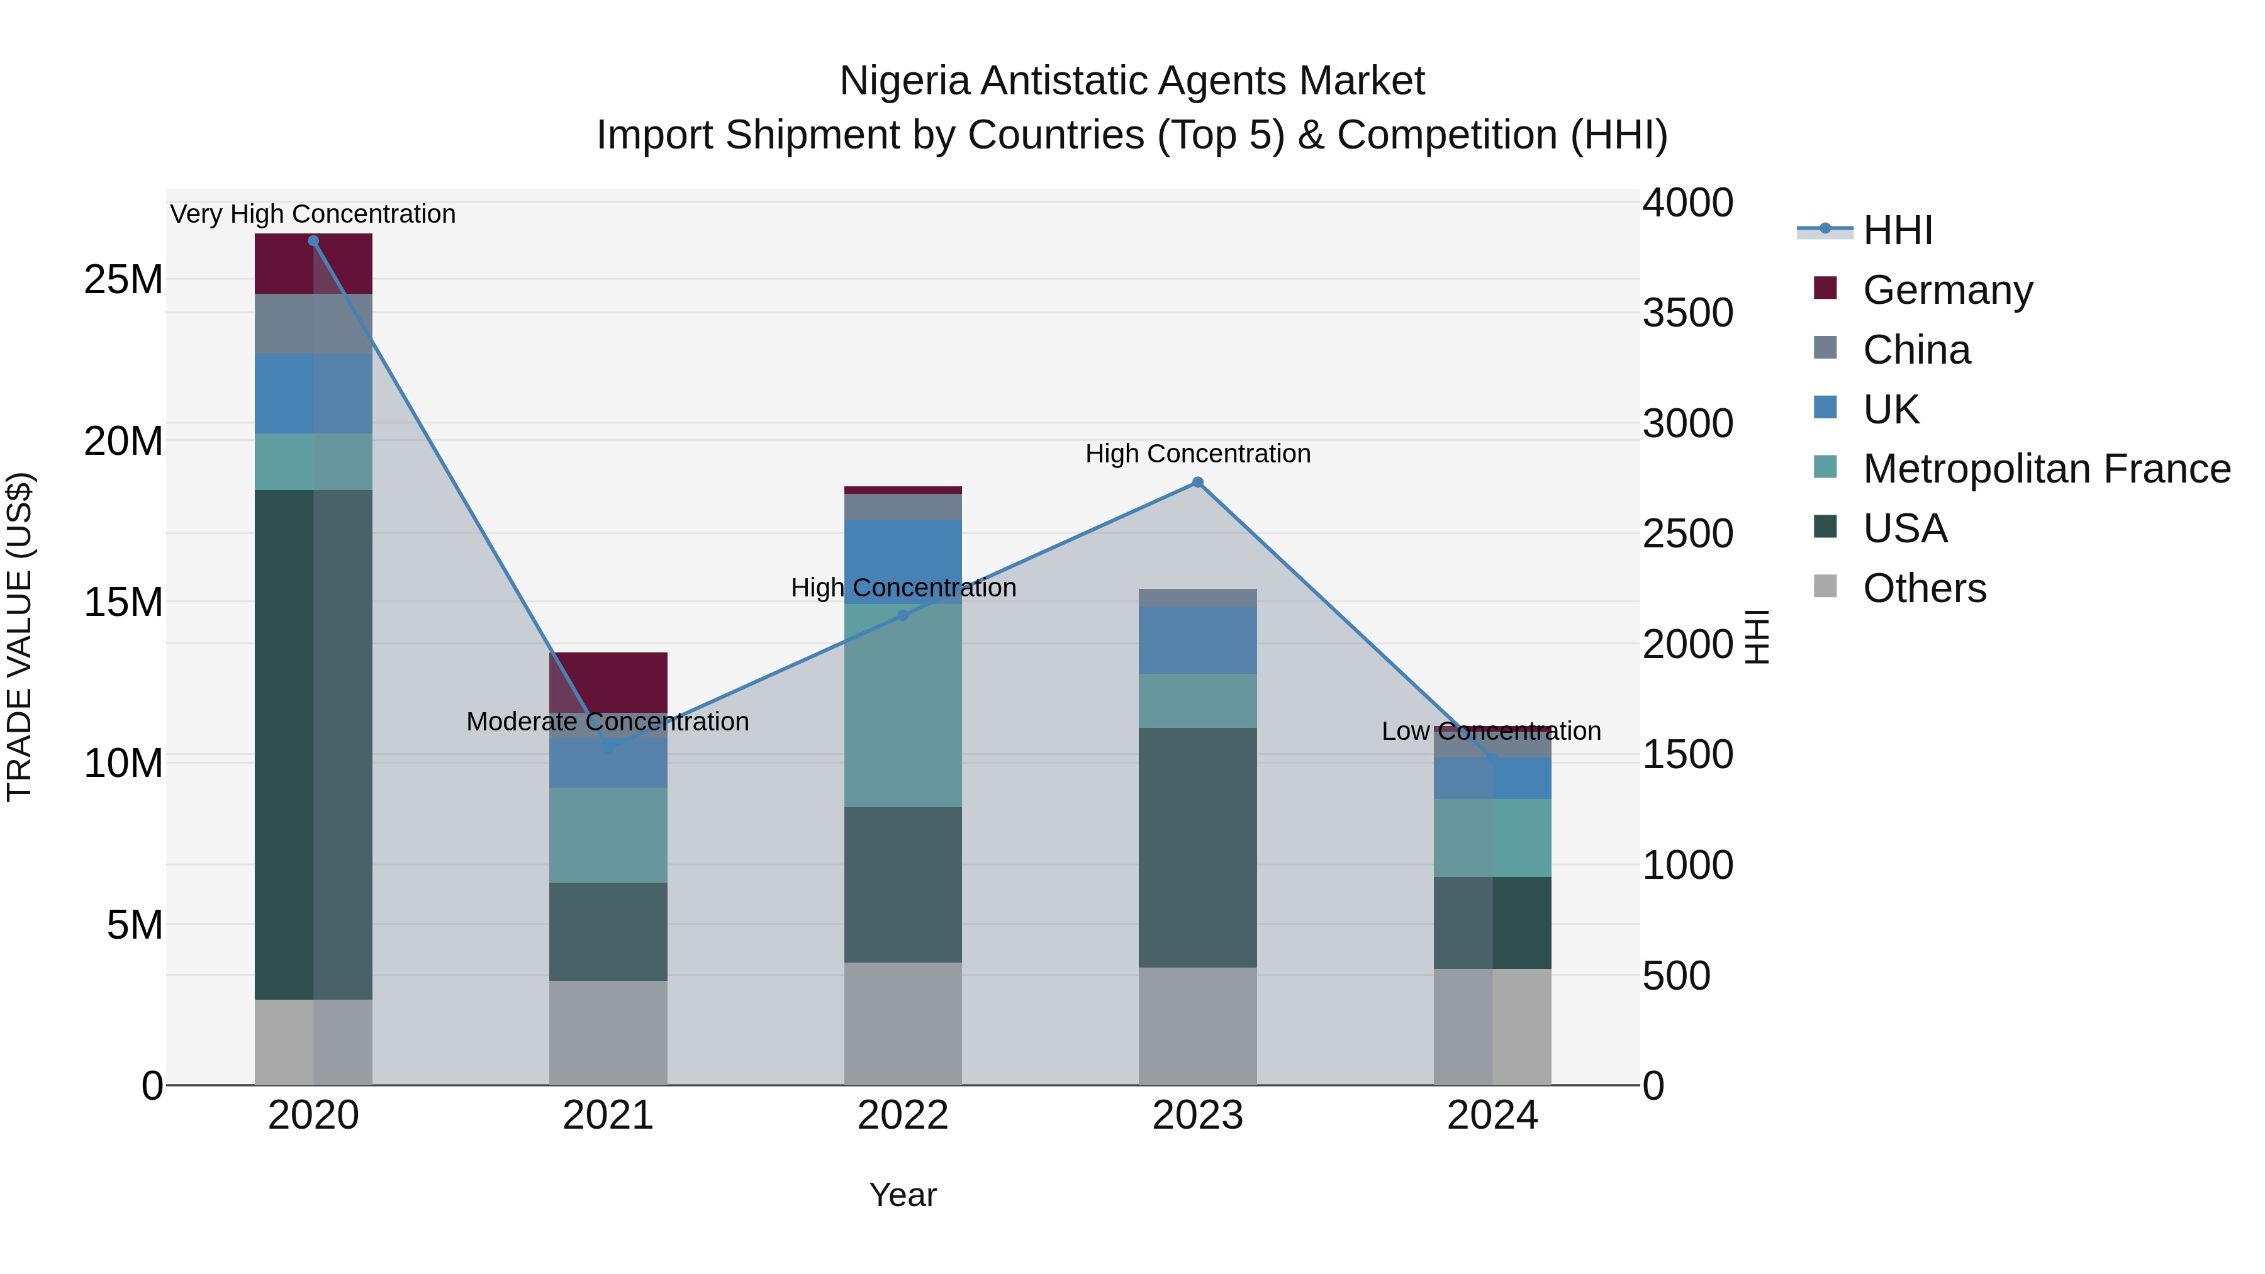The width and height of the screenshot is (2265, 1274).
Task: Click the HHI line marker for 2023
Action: tap(1197, 482)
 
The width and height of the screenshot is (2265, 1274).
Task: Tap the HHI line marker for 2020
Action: tap(313, 241)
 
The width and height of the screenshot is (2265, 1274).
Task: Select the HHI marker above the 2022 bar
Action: tap(902, 615)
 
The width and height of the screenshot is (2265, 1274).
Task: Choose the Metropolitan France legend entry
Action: tap(2045, 469)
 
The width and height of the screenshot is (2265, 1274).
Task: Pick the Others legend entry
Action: tap(1924, 588)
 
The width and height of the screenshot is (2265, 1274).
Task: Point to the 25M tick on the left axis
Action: tap(123, 279)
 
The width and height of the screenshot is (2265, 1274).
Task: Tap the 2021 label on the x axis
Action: tap(608, 1115)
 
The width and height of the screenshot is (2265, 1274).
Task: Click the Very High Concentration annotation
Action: tap(313, 214)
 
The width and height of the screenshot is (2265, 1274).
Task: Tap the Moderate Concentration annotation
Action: tap(608, 721)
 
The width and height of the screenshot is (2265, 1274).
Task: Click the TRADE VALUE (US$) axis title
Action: tap(20, 637)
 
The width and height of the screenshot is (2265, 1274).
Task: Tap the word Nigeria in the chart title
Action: tap(905, 81)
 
